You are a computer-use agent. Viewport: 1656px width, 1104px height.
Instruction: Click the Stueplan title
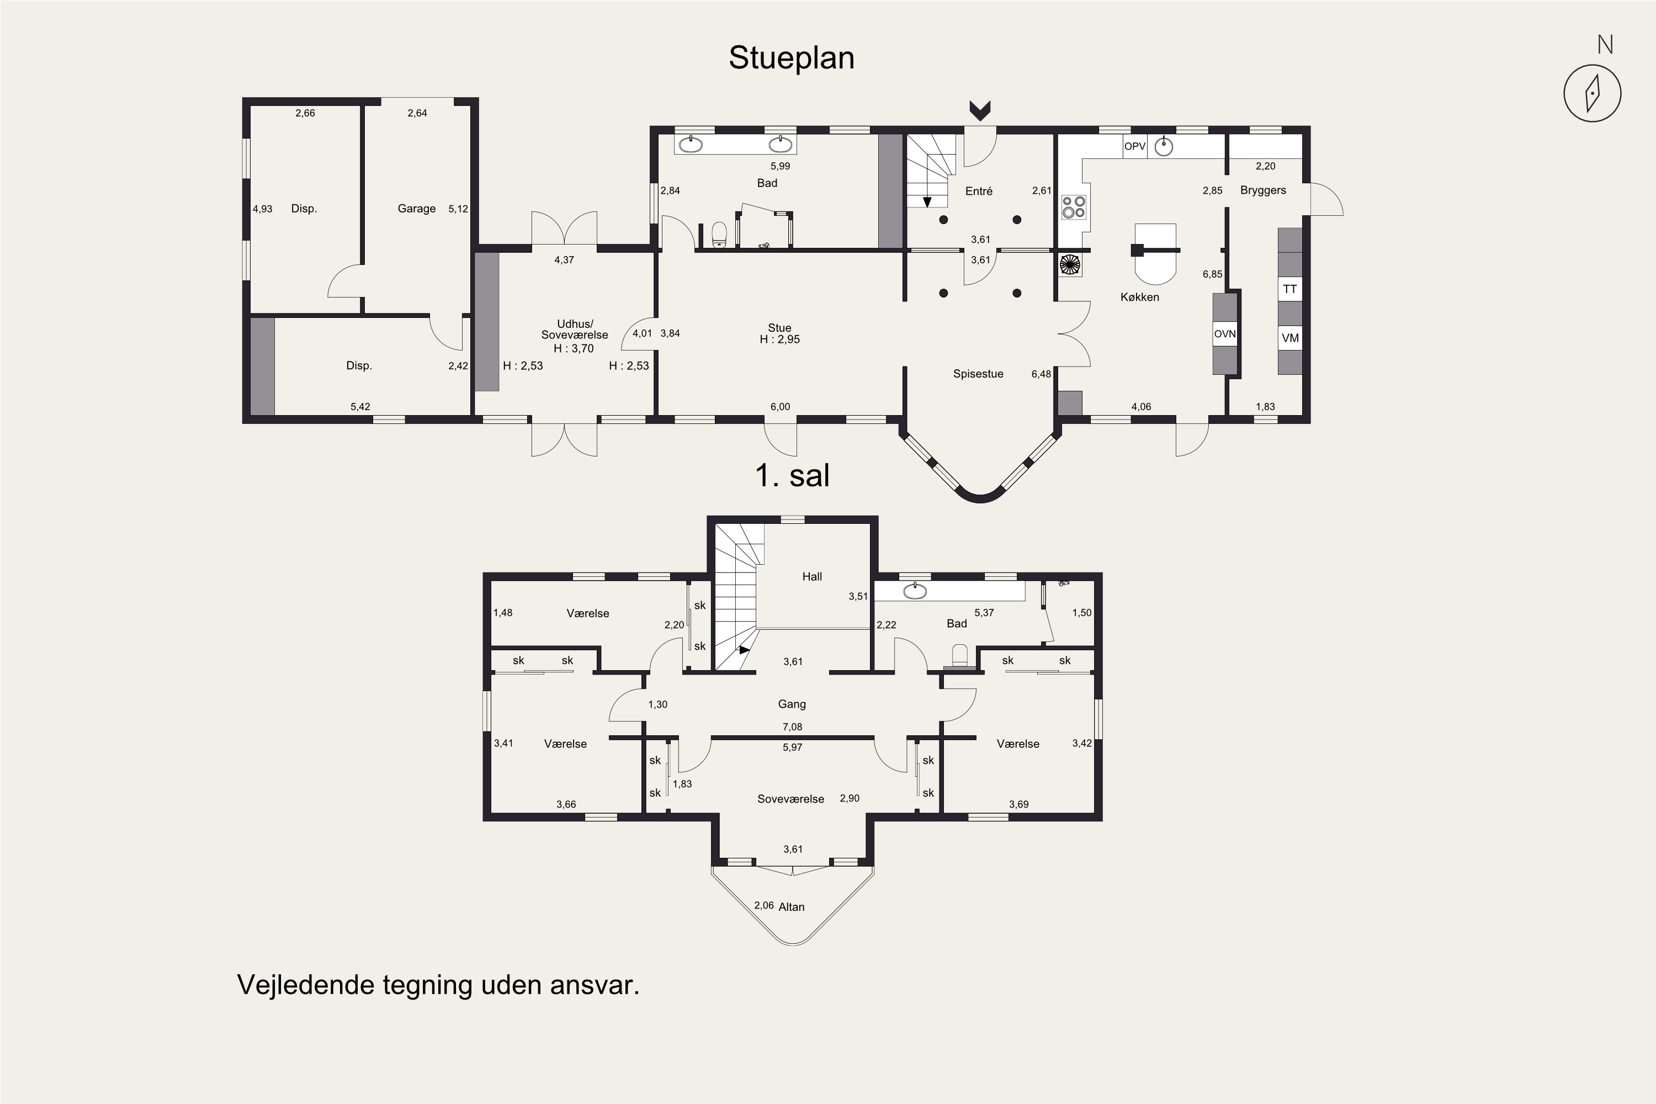[x=792, y=58]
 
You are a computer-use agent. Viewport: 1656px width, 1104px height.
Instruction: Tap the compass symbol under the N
[x=1592, y=94]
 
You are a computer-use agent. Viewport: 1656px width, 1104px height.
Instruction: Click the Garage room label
[x=416, y=209]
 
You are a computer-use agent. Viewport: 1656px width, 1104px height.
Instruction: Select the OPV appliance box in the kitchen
[x=1134, y=146]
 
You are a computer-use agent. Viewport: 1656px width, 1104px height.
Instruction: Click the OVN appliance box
[x=1224, y=334]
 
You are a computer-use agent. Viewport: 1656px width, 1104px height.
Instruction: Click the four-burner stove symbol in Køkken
[x=1074, y=207]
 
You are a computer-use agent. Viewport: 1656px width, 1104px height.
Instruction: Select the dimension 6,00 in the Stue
[x=779, y=406]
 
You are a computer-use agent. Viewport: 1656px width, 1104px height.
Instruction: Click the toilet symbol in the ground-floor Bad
[x=719, y=235]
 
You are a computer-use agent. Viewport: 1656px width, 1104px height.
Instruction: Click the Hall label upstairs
[x=812, y=577]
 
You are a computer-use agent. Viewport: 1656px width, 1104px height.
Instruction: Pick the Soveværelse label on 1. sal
[x=790, y=799]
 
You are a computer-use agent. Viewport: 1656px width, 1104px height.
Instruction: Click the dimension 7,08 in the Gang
[x=792, y=726]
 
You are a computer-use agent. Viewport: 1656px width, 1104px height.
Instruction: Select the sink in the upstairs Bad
[x=915, y=591]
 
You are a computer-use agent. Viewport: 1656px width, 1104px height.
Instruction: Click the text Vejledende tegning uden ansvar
[x=438, y=984]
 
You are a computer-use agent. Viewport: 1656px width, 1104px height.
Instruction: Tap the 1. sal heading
[x=792, y=475]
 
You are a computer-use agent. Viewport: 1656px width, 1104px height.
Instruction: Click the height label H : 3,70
[x=574, y=348]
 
